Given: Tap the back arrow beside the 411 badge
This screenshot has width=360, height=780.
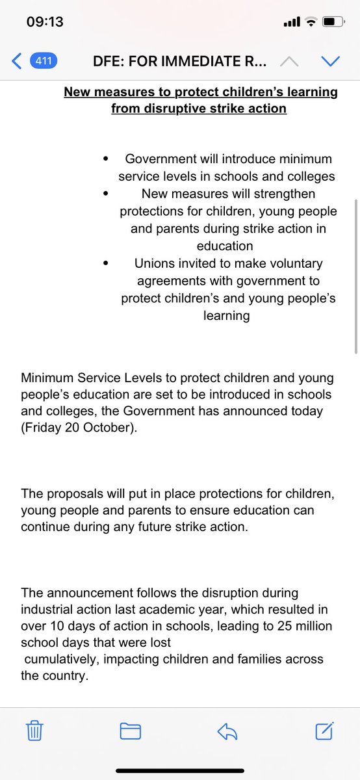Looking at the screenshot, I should (18, 62).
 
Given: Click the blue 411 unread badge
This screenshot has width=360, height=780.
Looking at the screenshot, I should (43, 62).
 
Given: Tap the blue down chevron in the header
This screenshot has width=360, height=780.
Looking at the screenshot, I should (331, 62).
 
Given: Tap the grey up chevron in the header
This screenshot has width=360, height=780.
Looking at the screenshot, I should (290, 62).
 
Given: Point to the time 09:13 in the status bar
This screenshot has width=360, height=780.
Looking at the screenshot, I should (45, 22).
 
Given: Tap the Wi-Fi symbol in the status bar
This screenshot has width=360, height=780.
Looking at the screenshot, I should (311, 23).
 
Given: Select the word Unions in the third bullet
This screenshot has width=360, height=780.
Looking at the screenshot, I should (155, 264).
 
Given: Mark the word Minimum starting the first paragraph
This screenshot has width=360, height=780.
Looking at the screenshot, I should (45, 378).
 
